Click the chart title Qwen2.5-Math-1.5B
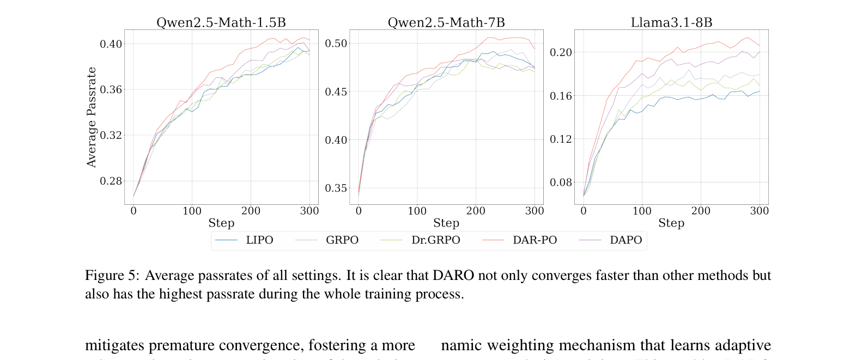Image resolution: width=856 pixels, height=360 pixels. [x=221, y=22]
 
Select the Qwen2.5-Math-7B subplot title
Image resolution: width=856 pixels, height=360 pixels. [x=446, y=22]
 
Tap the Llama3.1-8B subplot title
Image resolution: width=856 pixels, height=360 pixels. [x=671, y=22]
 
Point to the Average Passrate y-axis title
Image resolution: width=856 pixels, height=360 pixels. [x=92, y=117]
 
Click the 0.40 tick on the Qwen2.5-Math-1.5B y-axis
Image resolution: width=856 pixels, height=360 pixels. [x=111, y=44]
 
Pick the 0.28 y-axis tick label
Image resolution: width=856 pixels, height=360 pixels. [x=111, y=181]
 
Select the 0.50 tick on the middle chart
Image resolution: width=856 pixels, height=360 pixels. [x=336, y=44]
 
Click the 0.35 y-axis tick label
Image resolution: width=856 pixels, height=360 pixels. [x=336, y=188]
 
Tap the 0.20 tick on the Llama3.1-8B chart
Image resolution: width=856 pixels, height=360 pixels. [x=561, y=52]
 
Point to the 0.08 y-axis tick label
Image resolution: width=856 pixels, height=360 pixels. [x=561, y=182]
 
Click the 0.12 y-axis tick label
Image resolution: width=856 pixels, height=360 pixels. [x=561, y=139]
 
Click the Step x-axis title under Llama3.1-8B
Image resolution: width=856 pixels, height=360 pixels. [x=671, y=223]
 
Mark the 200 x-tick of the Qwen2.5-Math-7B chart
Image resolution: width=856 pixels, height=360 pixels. [x=476, y=211]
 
